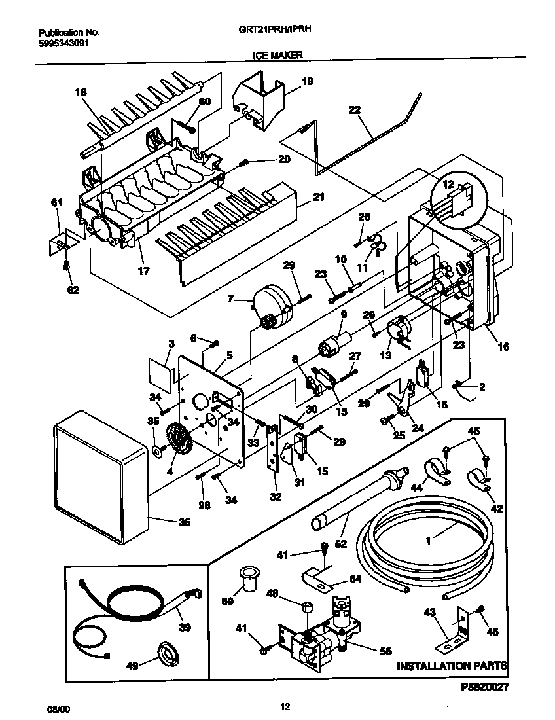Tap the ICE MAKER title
pyautogui.click(x=277, y=56)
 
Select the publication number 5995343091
pyautogui.click(x=65, y=45)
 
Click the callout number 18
pyautogui.click(x=81, y=92)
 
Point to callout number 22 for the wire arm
pyautogui.click(x=354, y=111)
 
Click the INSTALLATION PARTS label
pyautogui.click(x=452, y=666)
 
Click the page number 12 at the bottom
pyautogui.click(x=284, y=706)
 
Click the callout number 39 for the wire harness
pyautogui.click(x=185, y=627)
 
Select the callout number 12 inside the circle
pyautogui.click(x=449, y=185)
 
